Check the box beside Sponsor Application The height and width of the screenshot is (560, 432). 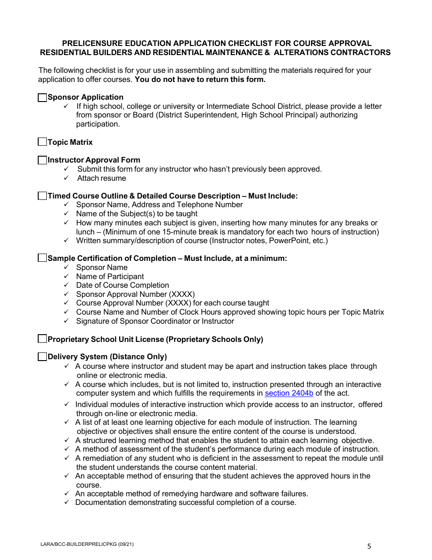(42, 97)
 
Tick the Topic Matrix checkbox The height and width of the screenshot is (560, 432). (42, 142)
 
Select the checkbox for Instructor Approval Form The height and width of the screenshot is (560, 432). (42, 160)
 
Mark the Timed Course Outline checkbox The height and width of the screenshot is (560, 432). (42, 196)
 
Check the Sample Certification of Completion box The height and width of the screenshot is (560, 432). (42, 258)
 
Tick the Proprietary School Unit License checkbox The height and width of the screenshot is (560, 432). (42, 339)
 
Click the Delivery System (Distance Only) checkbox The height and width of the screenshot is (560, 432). (42, 357)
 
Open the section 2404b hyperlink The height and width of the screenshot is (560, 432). (289, 393)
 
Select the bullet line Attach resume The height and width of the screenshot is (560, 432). (101, 178)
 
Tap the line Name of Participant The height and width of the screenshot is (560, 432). (110, 276)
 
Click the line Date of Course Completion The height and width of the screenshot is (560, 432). (122, 285)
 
